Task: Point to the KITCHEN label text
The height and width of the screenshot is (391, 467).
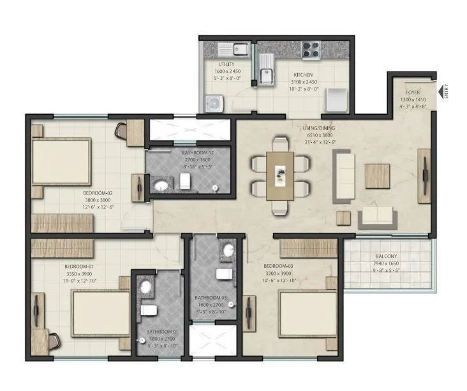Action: tap(302, 75)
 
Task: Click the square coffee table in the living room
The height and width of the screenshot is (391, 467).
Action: tap(376, 176)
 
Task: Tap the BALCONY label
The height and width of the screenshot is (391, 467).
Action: tap(387, 258)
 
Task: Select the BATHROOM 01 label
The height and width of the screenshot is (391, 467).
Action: tap(161, 332)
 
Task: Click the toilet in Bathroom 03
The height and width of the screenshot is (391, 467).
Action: tap(223, 274)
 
